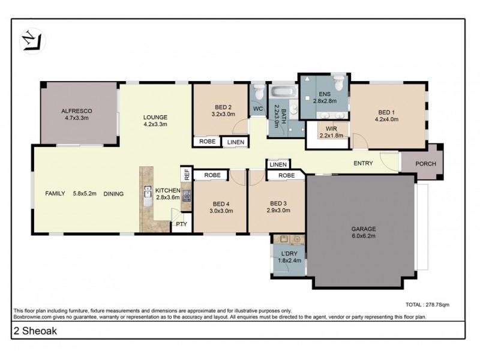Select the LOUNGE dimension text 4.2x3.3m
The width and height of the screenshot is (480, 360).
tap(155, 124)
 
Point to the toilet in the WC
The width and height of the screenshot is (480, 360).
tap(259, 94)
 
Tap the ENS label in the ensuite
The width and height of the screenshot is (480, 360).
tap(324, 94)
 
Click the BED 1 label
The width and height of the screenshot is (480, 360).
tap(387, 112)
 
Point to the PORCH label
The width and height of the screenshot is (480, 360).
tap(422, 164)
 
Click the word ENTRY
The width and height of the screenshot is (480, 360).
tap(363, 163)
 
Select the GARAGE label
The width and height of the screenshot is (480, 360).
tap(364, 229)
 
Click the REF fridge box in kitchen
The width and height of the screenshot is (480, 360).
tap(187, 175)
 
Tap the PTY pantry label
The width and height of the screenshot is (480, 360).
tap(181, 224)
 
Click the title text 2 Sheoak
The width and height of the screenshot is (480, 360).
tap(32, 330)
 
